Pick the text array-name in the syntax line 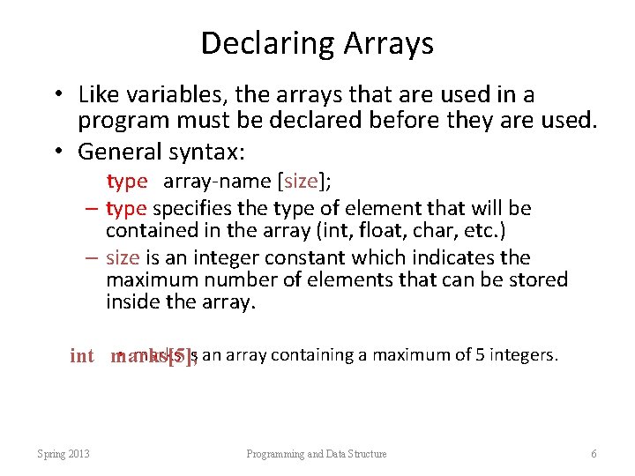click(x=218, y=182)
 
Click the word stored click(x=536, y=280)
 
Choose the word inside click(x=132, y=303)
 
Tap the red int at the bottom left click(x=82, y=356)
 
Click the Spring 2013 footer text click(x=63, y=453)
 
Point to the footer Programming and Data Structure click(x=317, y=453)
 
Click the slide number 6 click(x=594, y=453)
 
